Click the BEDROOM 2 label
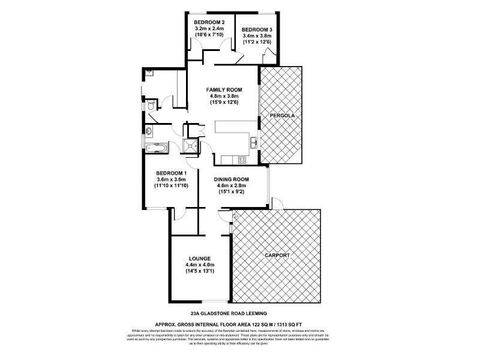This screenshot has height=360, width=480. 209,22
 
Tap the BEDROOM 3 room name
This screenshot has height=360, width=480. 257,29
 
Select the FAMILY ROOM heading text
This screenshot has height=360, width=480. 224,89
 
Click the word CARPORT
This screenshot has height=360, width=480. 277,256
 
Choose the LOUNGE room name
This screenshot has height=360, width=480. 200,259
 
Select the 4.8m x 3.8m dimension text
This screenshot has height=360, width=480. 224,96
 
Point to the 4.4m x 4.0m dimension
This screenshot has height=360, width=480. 200,265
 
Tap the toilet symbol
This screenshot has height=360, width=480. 151,106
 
